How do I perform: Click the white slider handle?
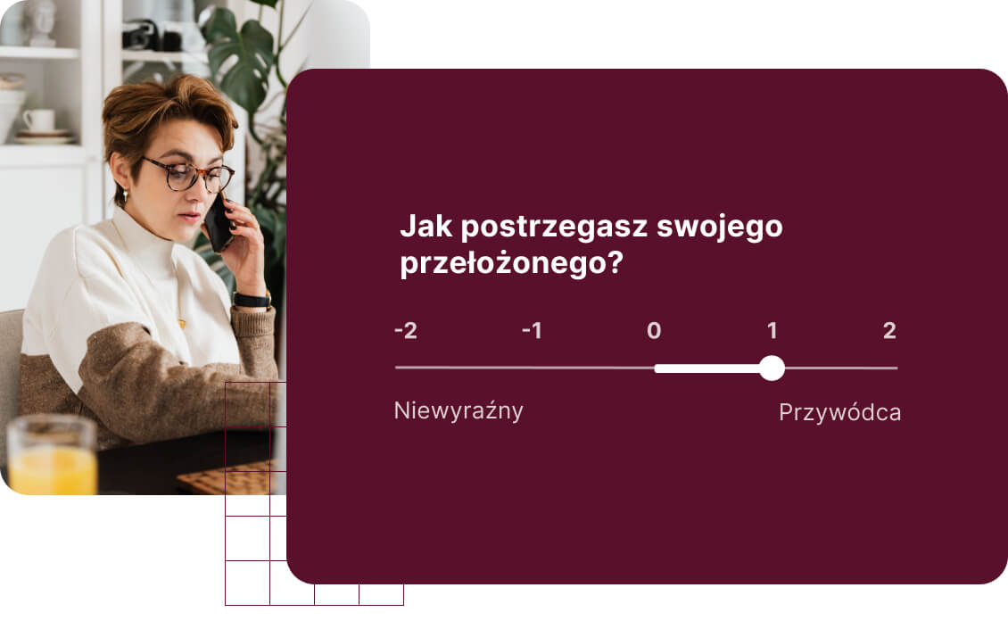[772, 368]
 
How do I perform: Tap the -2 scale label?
[406, 331]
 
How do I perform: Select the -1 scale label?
[532, 331]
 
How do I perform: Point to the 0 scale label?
[654, 331]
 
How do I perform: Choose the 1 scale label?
[772, 331]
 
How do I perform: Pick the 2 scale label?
[889, 331]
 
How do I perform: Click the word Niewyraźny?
[459, 411]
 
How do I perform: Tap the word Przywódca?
[839, 413]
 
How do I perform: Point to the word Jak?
[426, 227]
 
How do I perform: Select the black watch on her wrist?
[251, 300]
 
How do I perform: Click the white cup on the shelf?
[38, 120]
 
